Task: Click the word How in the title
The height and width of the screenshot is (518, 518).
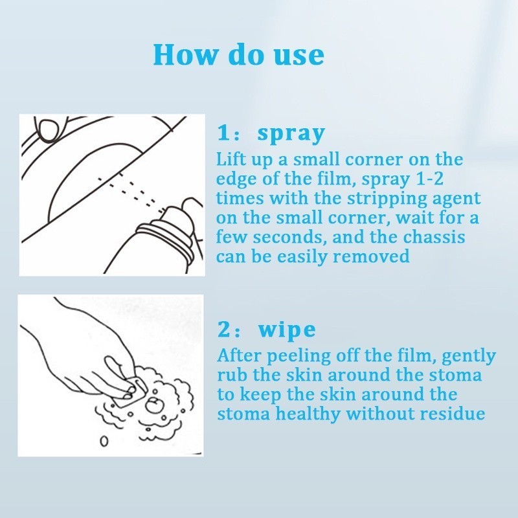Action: tap(184, 54)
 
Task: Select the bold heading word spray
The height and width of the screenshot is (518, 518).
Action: tap(291, 134)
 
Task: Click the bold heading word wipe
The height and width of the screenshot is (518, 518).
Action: tap(287, 329)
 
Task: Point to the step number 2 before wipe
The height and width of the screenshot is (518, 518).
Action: tap(223, 330)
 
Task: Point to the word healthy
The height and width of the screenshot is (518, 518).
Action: tap(310, 414)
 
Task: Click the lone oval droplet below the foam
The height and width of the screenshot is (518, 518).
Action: tap(104, 441)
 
